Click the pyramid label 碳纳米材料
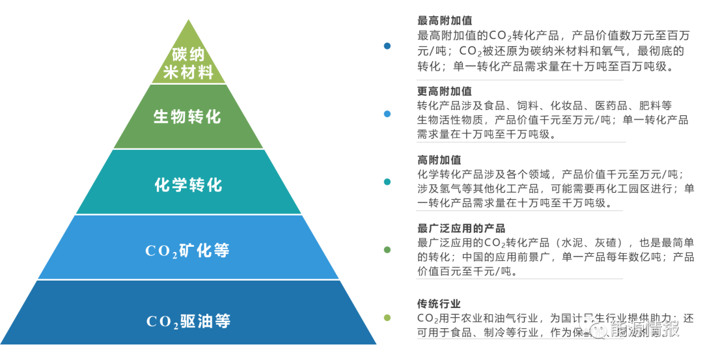point(188,63)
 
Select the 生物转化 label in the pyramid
point(187,117)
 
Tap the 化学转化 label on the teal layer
point(188,185)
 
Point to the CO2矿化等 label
point(187,251)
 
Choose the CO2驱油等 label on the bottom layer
point(188,321)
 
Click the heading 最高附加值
point(445,21)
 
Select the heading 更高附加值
point(445,91)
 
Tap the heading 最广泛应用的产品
point(461,228)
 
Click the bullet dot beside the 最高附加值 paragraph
point(387,46)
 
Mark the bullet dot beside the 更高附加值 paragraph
point(387,114)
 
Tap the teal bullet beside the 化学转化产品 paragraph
point(387,182)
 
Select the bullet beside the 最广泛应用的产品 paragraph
point(387,250)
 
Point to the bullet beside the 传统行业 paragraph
point(387,318)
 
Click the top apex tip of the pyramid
point(189,20)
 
